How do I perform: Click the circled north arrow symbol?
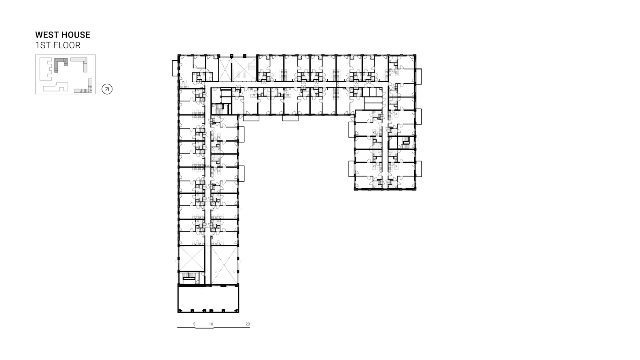(x=107, y=89)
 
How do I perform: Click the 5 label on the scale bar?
(x=194, y=324)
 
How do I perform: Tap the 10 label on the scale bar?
(x=211, y=324)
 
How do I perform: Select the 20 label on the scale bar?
(x=248, y=324)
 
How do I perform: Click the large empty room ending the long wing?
(x=208, y=299)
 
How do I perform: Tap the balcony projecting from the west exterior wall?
(x=175, y=68)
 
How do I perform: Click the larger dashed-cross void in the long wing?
(x=224, y=265)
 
